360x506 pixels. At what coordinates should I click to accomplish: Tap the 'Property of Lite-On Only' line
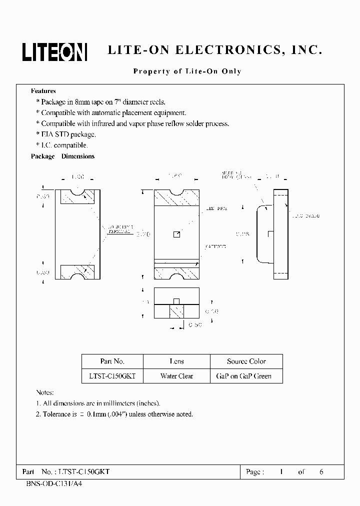point(187,71)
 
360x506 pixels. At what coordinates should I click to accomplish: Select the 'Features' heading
point(43,91)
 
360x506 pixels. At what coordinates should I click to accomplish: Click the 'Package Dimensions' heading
point(62,156)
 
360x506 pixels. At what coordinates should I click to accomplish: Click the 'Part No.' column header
point(112,361)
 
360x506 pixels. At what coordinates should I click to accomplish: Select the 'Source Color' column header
point(246,361)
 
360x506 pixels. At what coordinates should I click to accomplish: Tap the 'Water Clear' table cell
point(176,376)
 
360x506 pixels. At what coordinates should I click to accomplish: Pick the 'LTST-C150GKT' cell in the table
point(112,376)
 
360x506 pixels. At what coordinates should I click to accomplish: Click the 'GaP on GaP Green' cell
point(246,376)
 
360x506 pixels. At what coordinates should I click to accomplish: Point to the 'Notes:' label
point(45,393)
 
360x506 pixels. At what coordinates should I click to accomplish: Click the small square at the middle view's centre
point(176,234)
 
